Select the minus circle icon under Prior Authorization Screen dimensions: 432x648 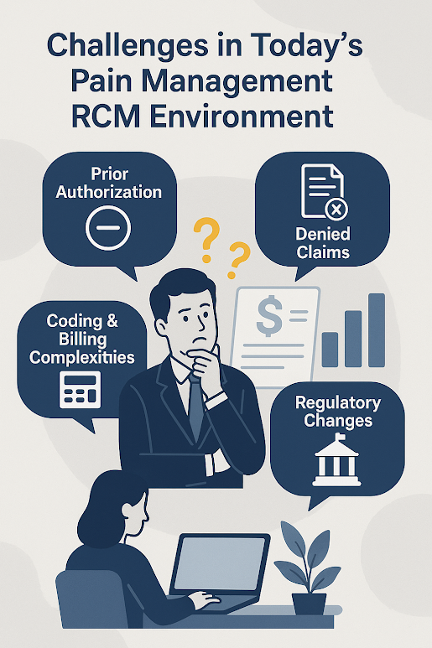(108, 228)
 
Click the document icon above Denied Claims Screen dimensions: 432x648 (325, 192)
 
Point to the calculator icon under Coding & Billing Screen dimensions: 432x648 (81, 390)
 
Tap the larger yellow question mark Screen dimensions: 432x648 (206, 240)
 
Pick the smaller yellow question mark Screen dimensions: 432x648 (238, 260)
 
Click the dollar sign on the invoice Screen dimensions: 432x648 (269, 316)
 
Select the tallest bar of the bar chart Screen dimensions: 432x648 (377, 330)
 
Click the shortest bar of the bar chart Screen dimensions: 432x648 (330, 350)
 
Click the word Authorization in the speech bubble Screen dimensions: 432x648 (109, 192)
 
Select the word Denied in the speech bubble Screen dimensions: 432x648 (323, 235)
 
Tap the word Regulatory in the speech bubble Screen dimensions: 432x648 (338, 403)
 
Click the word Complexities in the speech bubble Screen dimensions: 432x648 (82, 357)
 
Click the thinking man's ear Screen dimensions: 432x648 (161, 327)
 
